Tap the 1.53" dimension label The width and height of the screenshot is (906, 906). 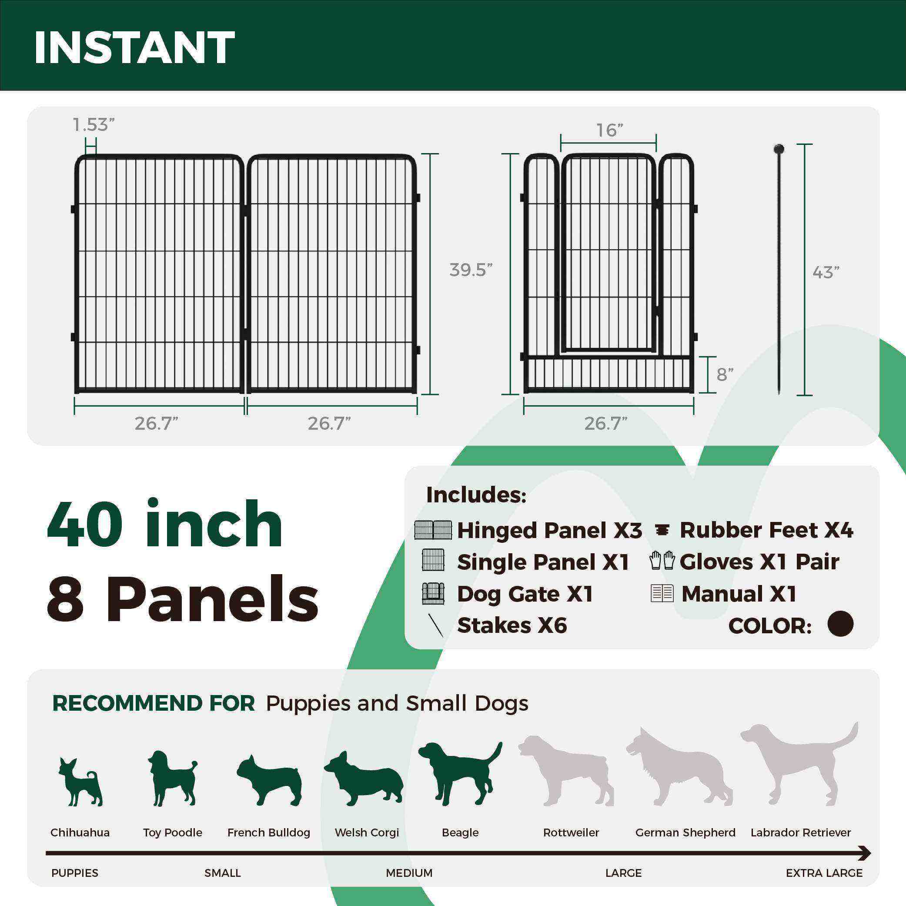tap(94, 125)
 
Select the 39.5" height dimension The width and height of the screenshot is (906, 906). tap(470, 270)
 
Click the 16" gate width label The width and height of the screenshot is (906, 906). tap(609, 130)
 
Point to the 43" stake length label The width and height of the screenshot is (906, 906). tap(826, 272)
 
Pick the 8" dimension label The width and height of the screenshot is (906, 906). tap(725, 374)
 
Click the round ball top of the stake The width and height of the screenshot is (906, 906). tap(779, 150)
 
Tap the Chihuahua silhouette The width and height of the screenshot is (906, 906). tap(80, 781)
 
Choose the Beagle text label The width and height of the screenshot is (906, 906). tap(460, 832)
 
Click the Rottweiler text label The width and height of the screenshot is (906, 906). tap(571, 832)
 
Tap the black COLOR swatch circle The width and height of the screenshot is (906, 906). tap(840, 624)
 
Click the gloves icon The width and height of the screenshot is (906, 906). tap(662, 561)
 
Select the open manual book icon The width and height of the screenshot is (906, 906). tap(662, 593)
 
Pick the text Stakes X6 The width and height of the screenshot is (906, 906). tap(512, 625)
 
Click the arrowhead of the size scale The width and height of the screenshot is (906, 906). tap(865, 853)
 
